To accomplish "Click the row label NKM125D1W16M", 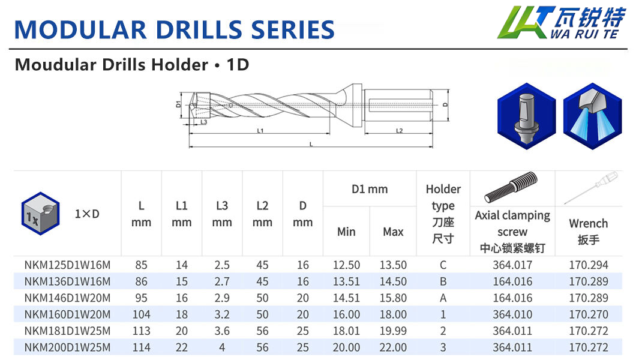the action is tap(67, 265).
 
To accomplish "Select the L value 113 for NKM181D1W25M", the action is tap(141, 331).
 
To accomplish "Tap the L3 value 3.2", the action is tap(222, 314).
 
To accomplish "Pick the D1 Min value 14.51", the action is tap(346, 298).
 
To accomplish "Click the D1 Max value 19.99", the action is tap(393, 331).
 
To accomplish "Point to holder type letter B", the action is tap(443, 282).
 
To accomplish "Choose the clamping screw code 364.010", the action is tap(512, 314).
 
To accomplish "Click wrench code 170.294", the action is tap(589, 265).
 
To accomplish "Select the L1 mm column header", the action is tap(182, 214).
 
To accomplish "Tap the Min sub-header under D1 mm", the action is tap(346, 232).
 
